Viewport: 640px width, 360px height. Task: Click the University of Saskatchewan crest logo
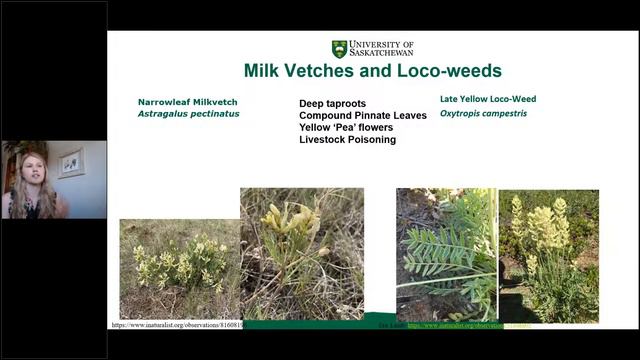340,49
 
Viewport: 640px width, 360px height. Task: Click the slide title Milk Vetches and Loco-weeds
372,72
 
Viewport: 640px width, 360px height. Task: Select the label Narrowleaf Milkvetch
188,102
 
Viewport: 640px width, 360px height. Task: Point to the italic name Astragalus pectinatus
189,114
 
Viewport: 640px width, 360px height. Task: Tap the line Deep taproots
332,103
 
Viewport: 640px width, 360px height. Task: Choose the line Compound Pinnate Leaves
363,115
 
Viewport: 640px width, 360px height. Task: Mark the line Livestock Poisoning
347,140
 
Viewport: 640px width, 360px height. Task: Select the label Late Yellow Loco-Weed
488,99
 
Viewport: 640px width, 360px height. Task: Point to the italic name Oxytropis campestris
483,113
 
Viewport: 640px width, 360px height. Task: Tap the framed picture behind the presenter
72,163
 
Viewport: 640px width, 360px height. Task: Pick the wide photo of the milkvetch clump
179,268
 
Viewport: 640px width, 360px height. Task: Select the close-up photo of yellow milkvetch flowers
301,253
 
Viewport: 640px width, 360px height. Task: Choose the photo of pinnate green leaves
446,254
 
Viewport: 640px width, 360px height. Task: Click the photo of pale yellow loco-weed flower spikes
548,254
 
